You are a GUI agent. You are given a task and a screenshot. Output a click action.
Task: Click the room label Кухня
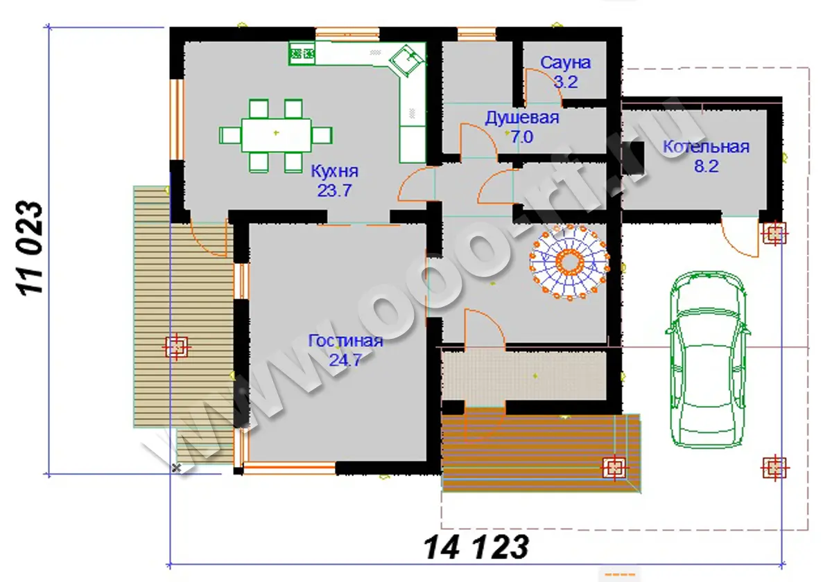point(334,172)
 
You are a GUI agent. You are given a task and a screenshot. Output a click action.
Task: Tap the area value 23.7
point(334,191)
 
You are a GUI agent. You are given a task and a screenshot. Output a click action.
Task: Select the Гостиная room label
point(345,341)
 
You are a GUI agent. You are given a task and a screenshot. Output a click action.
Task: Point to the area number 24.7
point(345,360)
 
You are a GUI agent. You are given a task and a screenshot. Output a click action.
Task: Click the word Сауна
point(565,63)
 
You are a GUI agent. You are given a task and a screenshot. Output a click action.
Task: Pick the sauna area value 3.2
point(566,82)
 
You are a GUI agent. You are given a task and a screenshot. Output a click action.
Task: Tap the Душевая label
point(522,118)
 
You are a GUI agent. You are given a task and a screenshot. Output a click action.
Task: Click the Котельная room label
point(706,147)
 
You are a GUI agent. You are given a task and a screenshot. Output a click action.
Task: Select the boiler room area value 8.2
point(706,166)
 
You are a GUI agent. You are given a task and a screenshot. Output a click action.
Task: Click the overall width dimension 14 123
point(476,547)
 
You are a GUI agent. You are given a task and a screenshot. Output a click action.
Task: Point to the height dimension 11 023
point(30,249)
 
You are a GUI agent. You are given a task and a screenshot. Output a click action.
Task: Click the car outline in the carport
point(708,360)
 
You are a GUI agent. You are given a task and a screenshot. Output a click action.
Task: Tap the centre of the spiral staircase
point(569,262)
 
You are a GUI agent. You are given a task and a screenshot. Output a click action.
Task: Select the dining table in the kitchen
point(276,135)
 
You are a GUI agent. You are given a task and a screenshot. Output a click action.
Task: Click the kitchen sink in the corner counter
point(407,60)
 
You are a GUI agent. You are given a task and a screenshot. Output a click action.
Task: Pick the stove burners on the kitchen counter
point(302,54)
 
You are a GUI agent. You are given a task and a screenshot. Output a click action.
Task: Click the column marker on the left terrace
point(176,347)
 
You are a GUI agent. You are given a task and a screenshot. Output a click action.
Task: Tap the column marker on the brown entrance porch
point(614,468)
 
